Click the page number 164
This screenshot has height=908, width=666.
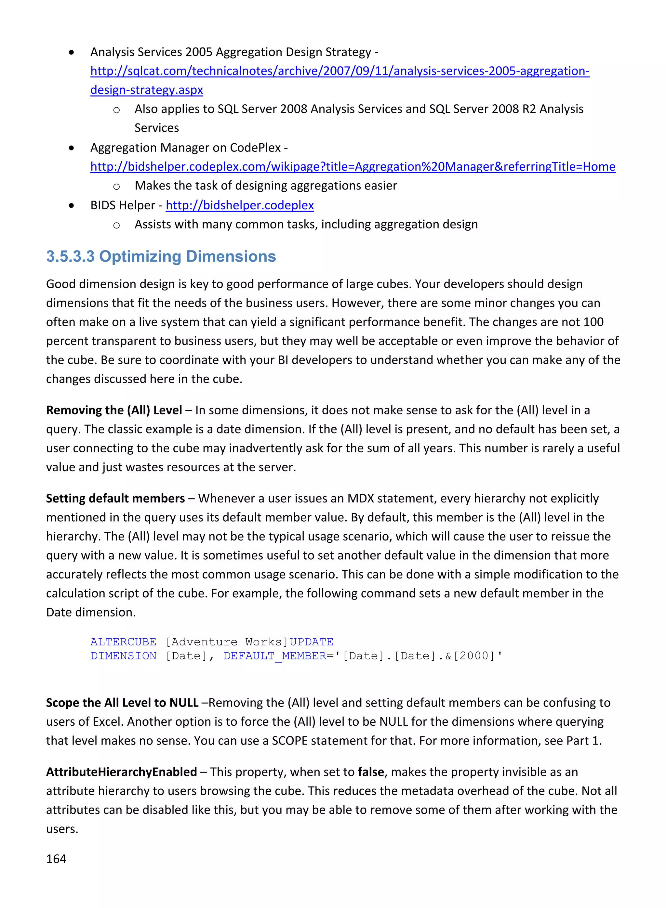(x=56, y=859)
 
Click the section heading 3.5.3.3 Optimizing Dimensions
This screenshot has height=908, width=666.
(x=161, y=257)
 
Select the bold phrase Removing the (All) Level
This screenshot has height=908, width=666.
(x=114, y=410)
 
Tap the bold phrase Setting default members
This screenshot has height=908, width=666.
(x=115, y=498)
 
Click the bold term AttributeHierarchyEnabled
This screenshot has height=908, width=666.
(x=121, y=772)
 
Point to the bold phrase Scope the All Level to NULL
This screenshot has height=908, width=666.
(x=122, y=703)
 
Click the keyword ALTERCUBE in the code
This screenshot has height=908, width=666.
(x=123, y=642)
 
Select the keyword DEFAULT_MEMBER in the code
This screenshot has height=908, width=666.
(x=275, y=656)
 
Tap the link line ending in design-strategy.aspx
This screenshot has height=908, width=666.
(x=147, y=90)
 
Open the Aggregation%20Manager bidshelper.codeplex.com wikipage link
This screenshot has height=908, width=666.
(x=353, y=166)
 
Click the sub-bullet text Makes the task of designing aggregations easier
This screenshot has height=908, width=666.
(x=266, y=186)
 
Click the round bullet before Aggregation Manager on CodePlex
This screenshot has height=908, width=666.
(x=71, y=148)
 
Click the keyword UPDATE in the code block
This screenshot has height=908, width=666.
(x=312, y=642)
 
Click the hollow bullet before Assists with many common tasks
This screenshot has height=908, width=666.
(x=116, y=225)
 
